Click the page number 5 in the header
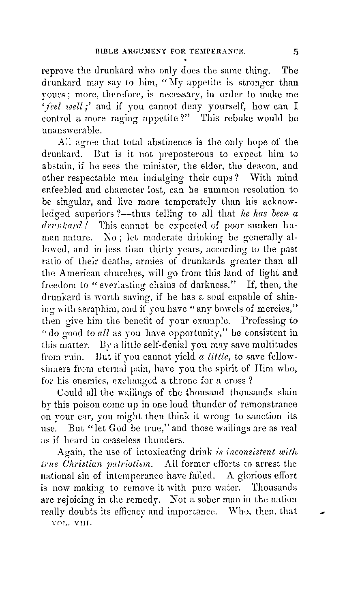pyautogui.click(x=296, y=51)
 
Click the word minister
pyautogui.click(x=160, y=166)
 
